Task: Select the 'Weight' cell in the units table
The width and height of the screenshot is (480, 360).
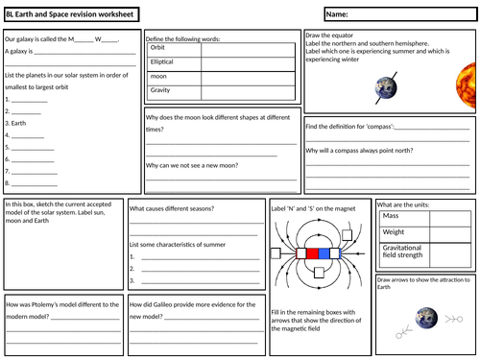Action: coord(395,231)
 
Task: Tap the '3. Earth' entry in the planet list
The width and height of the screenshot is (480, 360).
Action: coord(16,123)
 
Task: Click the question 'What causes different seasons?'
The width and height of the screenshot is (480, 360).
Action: coord(171,206)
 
